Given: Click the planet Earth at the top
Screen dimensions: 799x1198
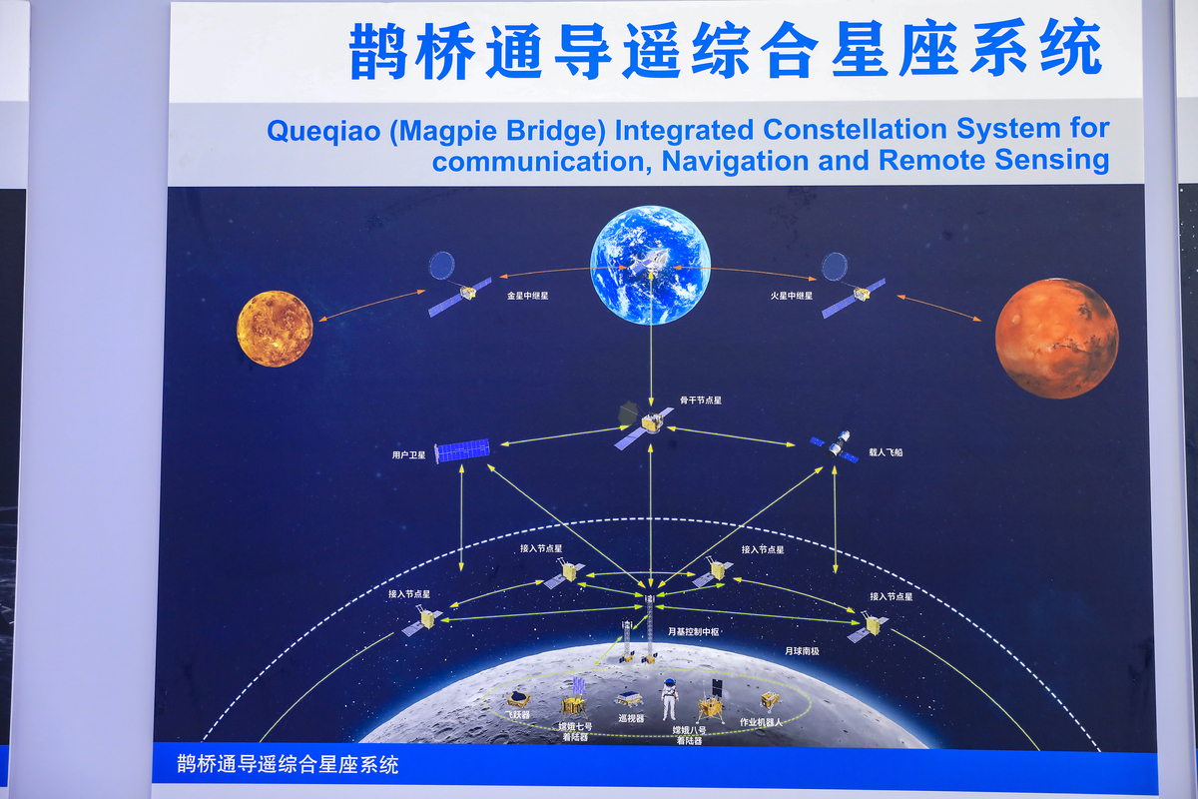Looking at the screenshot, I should tap(650, 265).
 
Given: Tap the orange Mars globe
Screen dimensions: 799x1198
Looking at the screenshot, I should tap(1056, 339).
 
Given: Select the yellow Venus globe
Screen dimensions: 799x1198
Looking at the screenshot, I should tap(275, 329).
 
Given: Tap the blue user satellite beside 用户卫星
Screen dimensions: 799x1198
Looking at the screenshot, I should tap(462, 450).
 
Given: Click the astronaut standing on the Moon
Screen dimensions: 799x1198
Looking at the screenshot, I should tap(669, 699).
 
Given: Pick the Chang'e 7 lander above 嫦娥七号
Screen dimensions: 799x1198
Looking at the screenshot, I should tap(575, 700).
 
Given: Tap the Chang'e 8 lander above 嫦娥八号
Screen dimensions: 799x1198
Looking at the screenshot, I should tap(711, 704).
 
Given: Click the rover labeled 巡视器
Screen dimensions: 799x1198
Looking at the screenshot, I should tap(628, 700).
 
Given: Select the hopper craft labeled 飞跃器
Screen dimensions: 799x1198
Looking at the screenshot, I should tap(518, 699).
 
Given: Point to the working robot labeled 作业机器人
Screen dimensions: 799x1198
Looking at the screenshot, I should tap(770, 701).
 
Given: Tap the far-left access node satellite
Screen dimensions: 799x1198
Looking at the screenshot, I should tap(423, 621).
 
